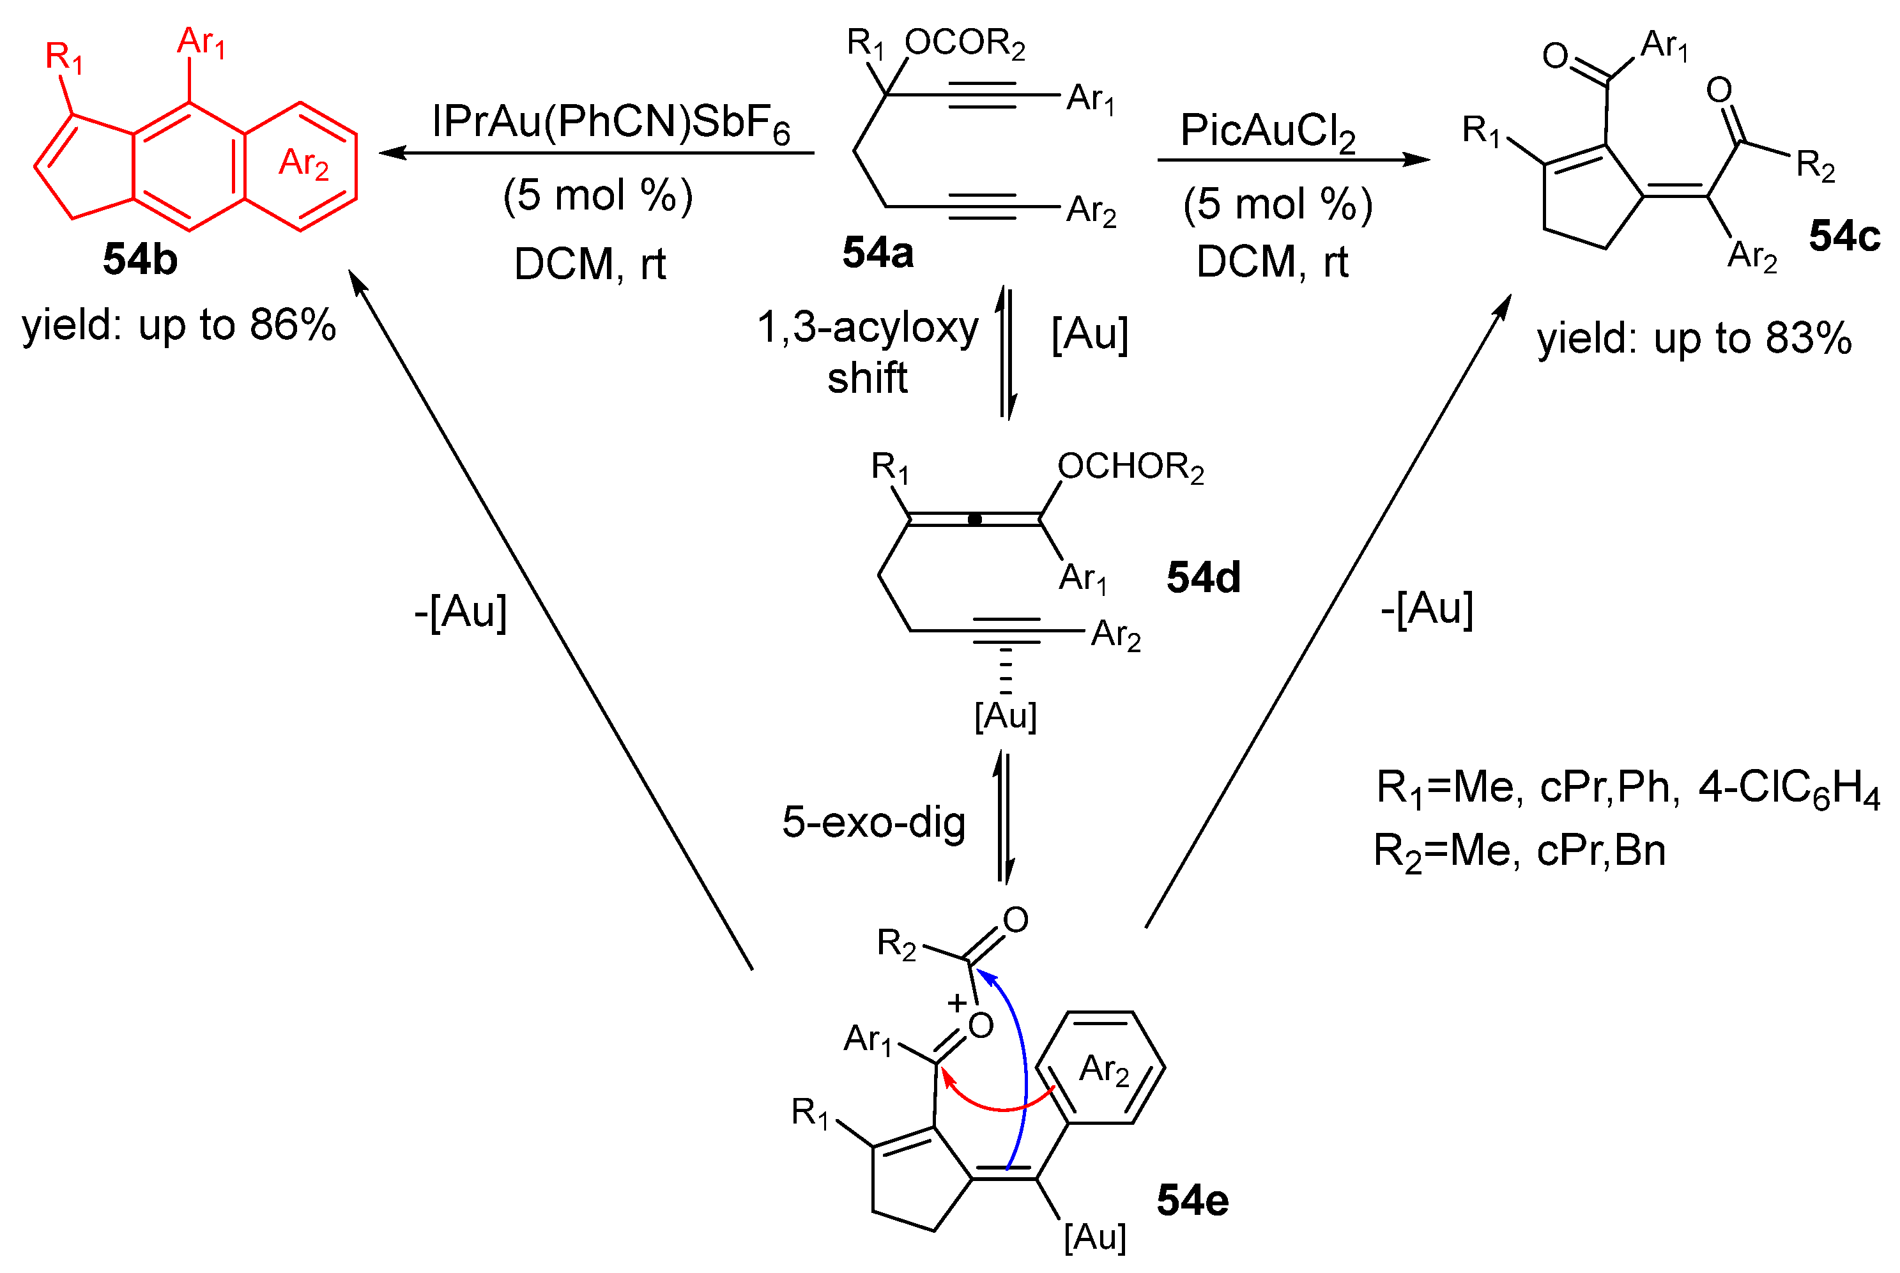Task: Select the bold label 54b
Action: click(x=140, y=260)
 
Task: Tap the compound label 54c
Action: click(x=1844, y=236)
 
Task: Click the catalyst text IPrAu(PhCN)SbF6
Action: click(x=611, y=123)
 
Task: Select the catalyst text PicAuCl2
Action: click(x=1268, y=132)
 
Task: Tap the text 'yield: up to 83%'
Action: click(x=1694, y=339)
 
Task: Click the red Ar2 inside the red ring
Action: click(x=303, y=164)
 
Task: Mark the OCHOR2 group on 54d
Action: click(x=1130, y=468)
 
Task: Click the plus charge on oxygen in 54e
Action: click(x=956, y=1003)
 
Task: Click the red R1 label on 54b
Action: click(x=63, y=59)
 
